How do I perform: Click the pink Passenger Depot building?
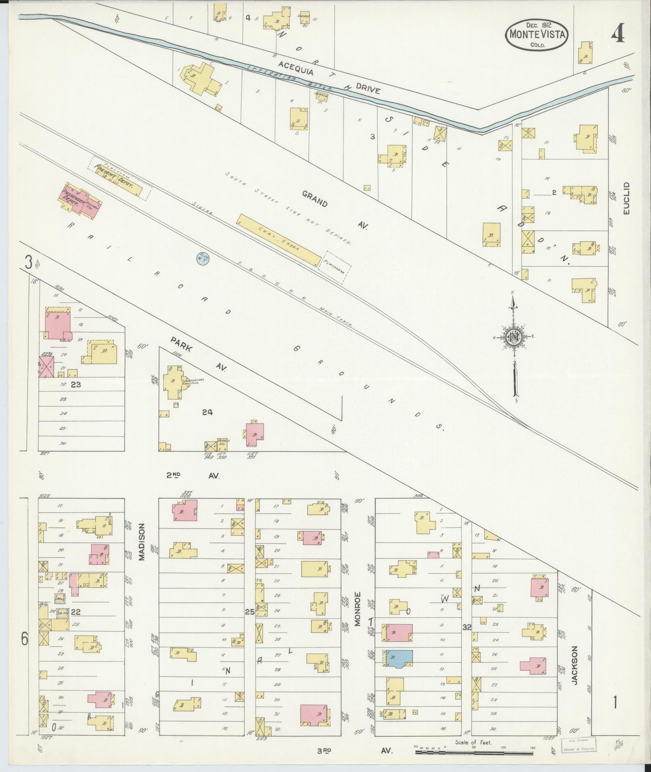click(x=80, y=200)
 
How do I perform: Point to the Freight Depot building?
click(x=119, y=180)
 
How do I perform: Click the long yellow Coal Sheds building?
click(x=280, y=240)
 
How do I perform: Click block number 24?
click(x=207, y=412)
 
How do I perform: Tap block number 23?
click(x=75, y=385)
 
